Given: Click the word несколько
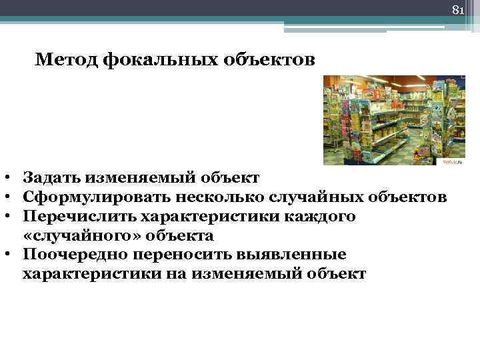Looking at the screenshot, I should click(x=221, y=198).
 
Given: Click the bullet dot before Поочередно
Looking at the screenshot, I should click(x=5, y=255).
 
